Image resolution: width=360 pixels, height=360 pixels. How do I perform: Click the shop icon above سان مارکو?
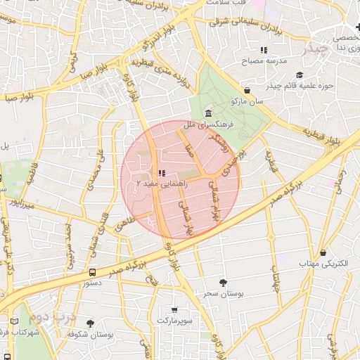pyautogui.click(x=247, y=90)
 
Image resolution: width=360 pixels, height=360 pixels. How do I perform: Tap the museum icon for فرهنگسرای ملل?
pyautogui.click(x=208, y=114)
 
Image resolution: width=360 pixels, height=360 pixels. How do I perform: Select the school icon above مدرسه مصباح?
pyautogui.click(x=264, y=50)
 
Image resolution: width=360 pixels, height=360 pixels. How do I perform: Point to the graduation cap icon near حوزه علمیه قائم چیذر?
pyautogui.click(x=300, y=75)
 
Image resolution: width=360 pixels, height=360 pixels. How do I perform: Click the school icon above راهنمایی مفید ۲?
pyautogui.click(x=161, y=172)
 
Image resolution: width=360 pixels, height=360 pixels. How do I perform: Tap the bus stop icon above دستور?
pyautogui.click(x=93, y=273)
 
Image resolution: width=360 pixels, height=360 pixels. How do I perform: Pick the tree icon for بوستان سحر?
pyautogui.click(x=223, y=283)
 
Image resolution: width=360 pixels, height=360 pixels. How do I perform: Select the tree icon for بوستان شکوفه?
pyautogui.click(x=90, y=323)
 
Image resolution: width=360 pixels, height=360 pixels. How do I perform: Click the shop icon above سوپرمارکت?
pyautogui.click(x=174, y=309)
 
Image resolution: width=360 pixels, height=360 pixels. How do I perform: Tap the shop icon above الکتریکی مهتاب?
pyautogui.click(x=323, y=252)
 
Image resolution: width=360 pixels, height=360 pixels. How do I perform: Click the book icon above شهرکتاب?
pyautogui.click(x=15, y=322)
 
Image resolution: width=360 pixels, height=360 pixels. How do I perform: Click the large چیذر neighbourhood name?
pyautogui.click(x=314, y=49)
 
